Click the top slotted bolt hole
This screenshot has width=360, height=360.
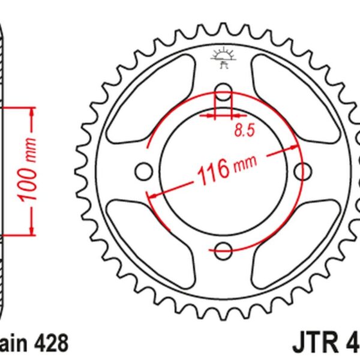point(223,94)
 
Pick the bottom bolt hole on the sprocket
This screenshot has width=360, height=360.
point(223,250)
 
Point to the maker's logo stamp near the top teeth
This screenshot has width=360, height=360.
point(223,58)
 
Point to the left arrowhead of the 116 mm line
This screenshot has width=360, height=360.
point(152,196)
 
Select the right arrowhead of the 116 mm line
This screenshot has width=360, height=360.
point(295,147)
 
